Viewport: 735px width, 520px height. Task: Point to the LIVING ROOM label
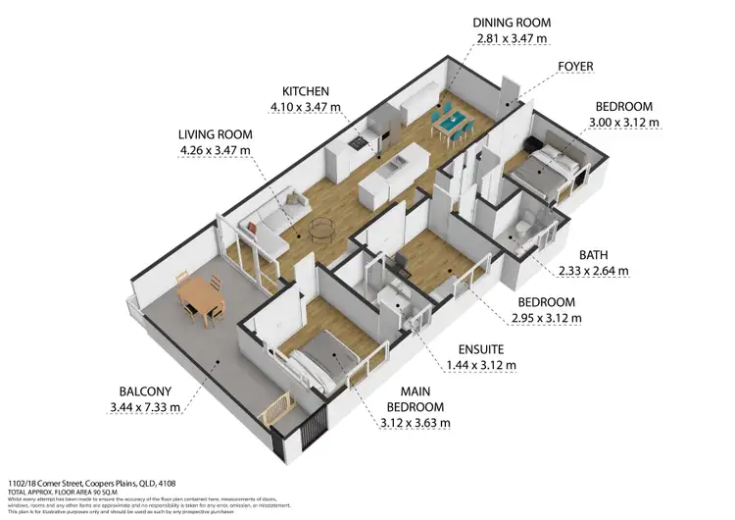pyautogui.click(x=216, y=134)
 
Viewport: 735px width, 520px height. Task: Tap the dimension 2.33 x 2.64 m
pyautogui.click(x=594, y=270)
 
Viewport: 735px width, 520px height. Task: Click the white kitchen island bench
pyautogui.click(x=393, y=172)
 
